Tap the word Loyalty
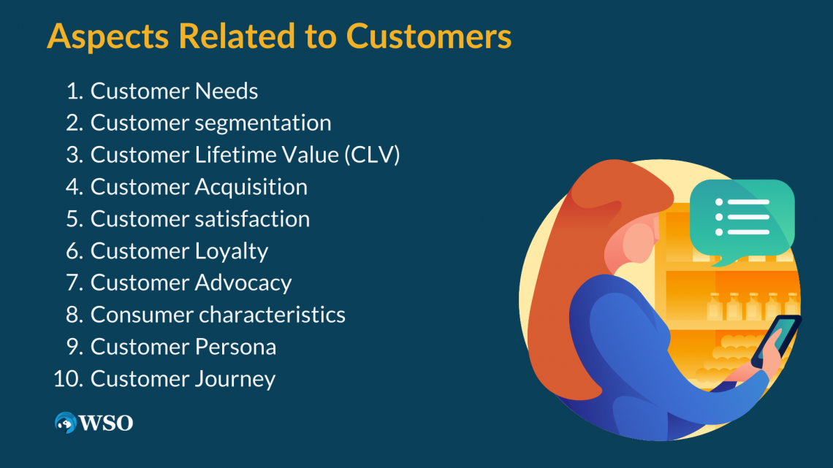[232, 251]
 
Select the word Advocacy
[243, 283]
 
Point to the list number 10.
[69, 380]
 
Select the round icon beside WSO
[66, 422]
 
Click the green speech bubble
[741, 216]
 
